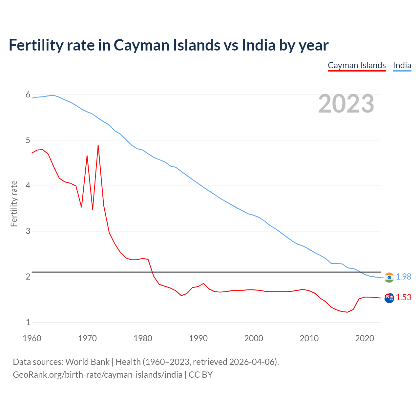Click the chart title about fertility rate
(x=168, y=45)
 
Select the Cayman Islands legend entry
(x=357, y=65)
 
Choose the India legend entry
(x=402, y=65)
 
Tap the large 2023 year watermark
(x=346, y=104)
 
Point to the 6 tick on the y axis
(x=28, y=95)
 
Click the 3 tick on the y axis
(x=28, y=231)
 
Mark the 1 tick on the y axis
(x=28, y=322)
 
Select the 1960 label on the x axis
(x=32, y=338)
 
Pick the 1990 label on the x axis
(x=198, y=338)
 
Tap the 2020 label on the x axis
(x=365, y=338)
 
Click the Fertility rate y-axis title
(x=14, y=203)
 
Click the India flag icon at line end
(x=389, y=277)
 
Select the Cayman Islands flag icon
(x=389, y=298)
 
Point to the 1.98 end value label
(x=403, y=277)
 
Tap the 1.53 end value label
(x=403, y=298)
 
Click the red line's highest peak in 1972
(x=98, y=145)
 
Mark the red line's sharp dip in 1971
(x=93, y=209)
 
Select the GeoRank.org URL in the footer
(x=97, y=375)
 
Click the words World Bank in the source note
(x=87, y=362)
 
